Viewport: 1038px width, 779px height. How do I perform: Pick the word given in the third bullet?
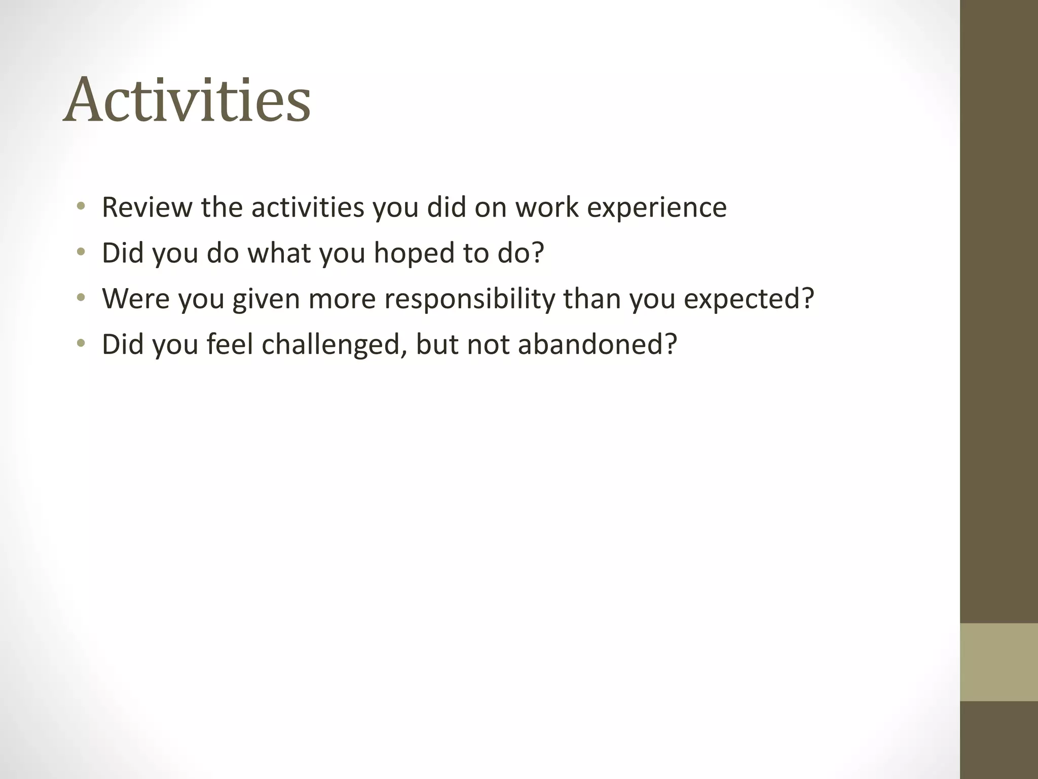click(266, 299)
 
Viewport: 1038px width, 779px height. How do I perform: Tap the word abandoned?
click(590, 344)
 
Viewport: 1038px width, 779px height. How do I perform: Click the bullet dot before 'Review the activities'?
click(81, 206)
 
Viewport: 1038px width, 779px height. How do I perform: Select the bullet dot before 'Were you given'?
click(81, 298)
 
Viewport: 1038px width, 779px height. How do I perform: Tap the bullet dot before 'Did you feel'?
click(81, 343)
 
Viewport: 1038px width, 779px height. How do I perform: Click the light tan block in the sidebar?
click(998, 662)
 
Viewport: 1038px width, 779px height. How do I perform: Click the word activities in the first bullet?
click(308, 207)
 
